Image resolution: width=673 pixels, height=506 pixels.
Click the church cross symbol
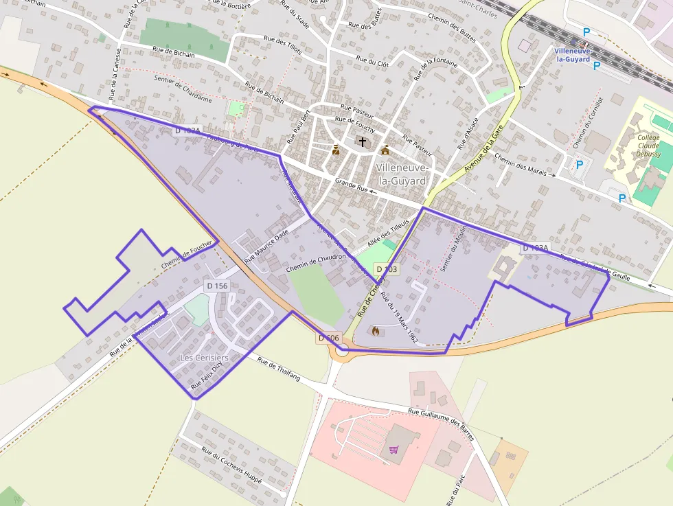362,141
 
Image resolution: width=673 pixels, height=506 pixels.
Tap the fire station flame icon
375,331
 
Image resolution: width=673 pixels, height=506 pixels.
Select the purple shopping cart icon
393,450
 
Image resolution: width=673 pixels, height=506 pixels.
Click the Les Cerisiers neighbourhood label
203,358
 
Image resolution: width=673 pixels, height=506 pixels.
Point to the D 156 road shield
217,286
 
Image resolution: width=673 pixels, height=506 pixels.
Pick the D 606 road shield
329,338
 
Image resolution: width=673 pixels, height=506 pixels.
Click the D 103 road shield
386,269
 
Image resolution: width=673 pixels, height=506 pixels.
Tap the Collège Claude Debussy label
648,146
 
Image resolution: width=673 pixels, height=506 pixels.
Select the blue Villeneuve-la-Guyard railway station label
573,55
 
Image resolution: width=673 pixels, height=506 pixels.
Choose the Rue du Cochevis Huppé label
231,465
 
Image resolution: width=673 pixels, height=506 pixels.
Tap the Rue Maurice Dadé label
266,246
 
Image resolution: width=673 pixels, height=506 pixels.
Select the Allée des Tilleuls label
388,233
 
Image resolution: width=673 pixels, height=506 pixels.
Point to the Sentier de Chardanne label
182,89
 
